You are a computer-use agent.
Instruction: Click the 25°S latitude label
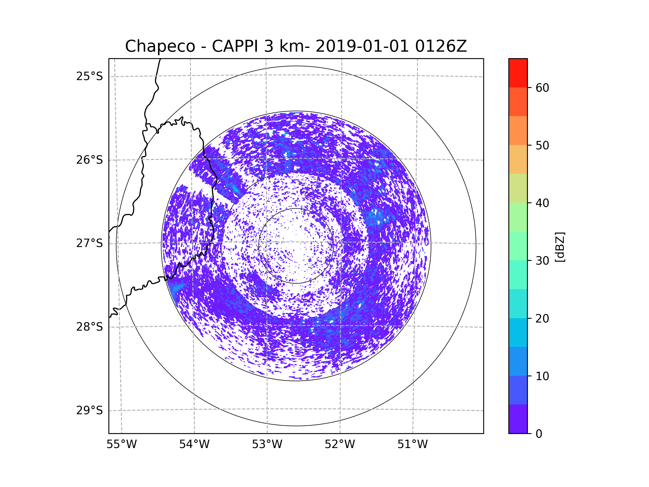[90, 76]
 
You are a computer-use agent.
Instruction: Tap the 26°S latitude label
[90, 160]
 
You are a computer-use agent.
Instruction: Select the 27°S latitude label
[90, 243]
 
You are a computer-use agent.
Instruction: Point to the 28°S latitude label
[90, 327]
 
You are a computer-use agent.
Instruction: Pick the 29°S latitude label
[90, 410]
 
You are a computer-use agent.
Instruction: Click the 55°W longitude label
[121, 445]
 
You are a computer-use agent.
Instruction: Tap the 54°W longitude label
[194, 445]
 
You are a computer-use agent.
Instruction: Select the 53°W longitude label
[267, 445]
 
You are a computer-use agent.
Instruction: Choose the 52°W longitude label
[340, 445]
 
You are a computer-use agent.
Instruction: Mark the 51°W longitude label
[412, 445]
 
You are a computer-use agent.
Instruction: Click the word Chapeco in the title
[160, 46]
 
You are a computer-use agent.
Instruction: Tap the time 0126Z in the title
[441, 46]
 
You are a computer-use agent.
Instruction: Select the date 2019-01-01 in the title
[362, 46]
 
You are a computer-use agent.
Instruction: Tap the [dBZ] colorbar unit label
[560, 247]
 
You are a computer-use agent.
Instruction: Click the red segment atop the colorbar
[518, 73]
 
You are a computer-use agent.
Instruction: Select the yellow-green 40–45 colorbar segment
[518, 188]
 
